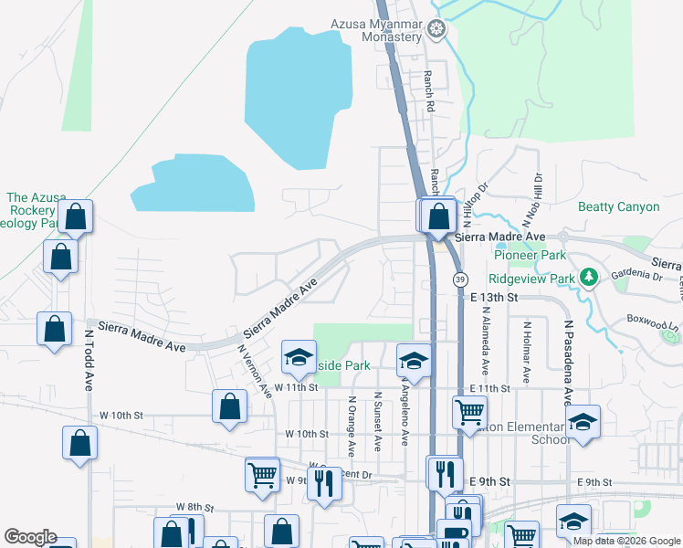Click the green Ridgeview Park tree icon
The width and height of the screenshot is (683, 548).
click(589, 277)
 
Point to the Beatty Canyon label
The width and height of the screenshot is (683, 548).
click(618, 207)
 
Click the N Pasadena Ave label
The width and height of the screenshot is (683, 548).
click(567, 362)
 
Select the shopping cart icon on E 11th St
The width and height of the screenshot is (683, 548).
click(469, 411)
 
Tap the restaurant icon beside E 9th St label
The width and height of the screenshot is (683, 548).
click(445, 473)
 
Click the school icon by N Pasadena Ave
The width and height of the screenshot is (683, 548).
click(582, 421)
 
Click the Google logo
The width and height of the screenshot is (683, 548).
click(31, 537)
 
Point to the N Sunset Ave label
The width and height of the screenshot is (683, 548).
click(376, 423)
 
